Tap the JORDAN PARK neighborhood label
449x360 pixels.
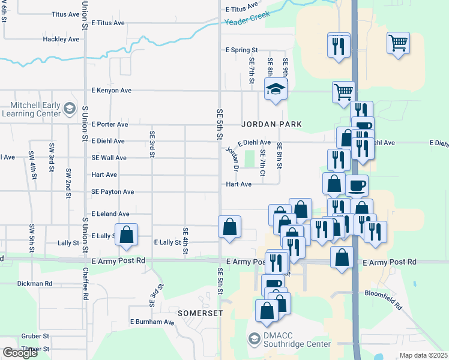point(271,124)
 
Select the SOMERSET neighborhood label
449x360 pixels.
point(200,313)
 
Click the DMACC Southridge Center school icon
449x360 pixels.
point(254,340)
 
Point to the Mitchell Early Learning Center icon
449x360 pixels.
point(70,109)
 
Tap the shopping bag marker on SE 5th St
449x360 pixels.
point(229,227)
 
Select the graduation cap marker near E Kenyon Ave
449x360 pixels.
point(276,90)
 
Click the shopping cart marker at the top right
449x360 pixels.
point(398,43)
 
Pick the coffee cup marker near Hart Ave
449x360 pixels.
point(357,185)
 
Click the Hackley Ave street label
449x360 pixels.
point(61,40)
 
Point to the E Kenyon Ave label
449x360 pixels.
point(111,91)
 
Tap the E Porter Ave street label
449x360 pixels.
point(110,125)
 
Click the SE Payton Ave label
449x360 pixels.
point(112,192)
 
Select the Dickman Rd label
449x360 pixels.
point(35,283)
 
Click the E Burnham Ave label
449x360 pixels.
point(152,322)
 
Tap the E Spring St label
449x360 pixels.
point(241,50)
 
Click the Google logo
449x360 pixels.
point(20,353)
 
